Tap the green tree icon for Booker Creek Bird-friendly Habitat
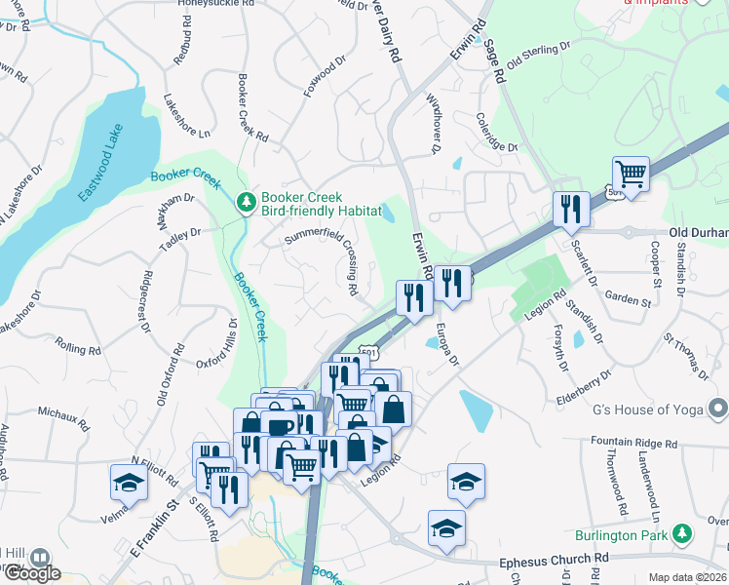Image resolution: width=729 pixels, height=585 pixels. pyautogui.click(x=247, y=202)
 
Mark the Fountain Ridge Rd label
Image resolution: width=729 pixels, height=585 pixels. pyautogui.click(x=633, y=443)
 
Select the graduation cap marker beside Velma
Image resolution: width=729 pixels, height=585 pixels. pyautogui.click(x=129, y=482)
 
